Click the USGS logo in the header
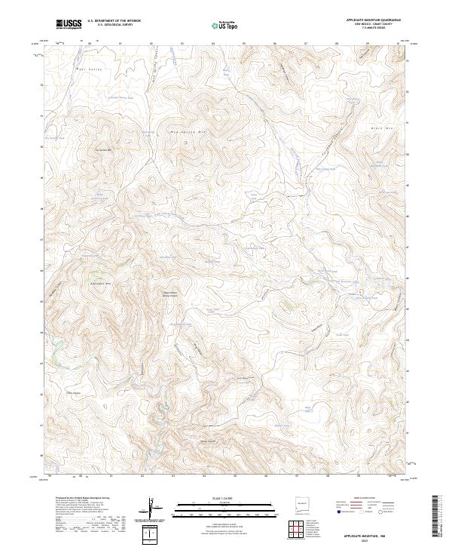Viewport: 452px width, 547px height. (69, 24)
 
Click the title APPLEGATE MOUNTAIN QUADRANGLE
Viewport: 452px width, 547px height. (373, 20)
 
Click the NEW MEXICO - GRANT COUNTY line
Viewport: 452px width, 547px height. (373, 25)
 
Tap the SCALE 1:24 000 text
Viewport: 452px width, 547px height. (226, 498)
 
